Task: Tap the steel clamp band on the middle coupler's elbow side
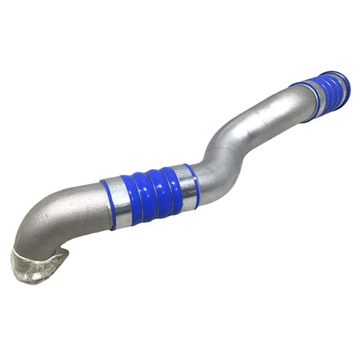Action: coord(120,201)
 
